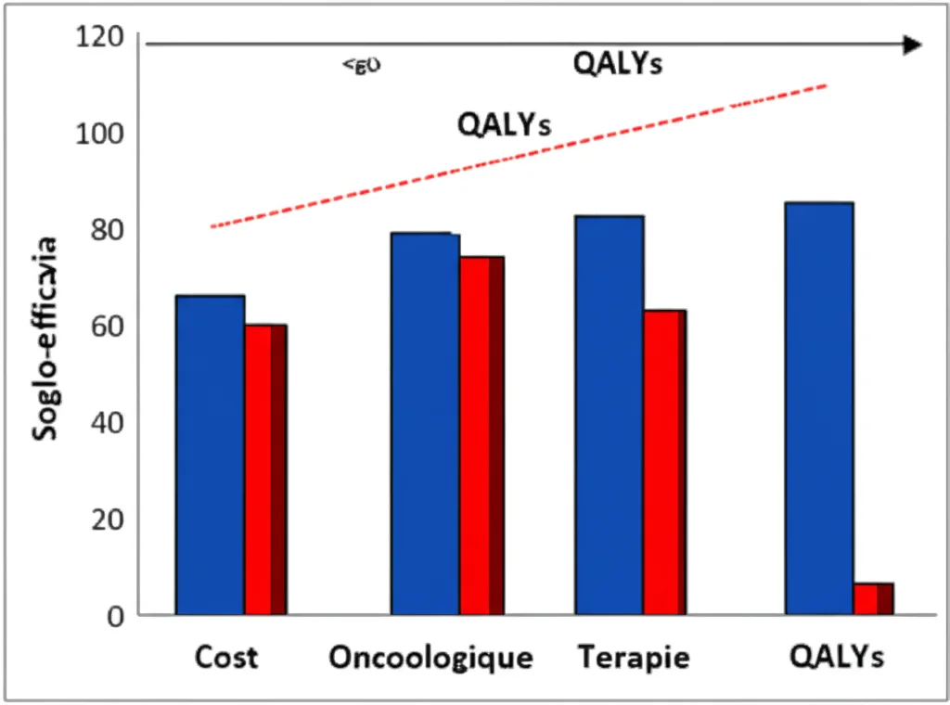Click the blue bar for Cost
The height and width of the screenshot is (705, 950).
(211, 455)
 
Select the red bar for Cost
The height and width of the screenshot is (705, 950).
(265, 469)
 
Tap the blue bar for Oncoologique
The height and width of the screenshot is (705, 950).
(425, 423)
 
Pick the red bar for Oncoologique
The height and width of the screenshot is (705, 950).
(481, 435)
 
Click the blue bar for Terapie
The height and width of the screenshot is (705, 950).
(609, 415)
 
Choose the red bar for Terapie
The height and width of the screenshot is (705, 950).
(665, 462)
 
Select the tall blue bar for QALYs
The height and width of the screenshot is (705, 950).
(818, 408)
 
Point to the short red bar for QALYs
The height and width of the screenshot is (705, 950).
(873, 598)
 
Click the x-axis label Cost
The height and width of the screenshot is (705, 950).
(226, 658)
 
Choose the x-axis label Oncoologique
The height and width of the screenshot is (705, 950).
(430, 658)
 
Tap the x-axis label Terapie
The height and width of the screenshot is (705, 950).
(635, 658)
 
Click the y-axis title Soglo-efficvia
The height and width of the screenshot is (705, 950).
(45, 339)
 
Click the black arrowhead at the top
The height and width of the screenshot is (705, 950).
(913, 45)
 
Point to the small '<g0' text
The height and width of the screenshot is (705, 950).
(362, 66)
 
